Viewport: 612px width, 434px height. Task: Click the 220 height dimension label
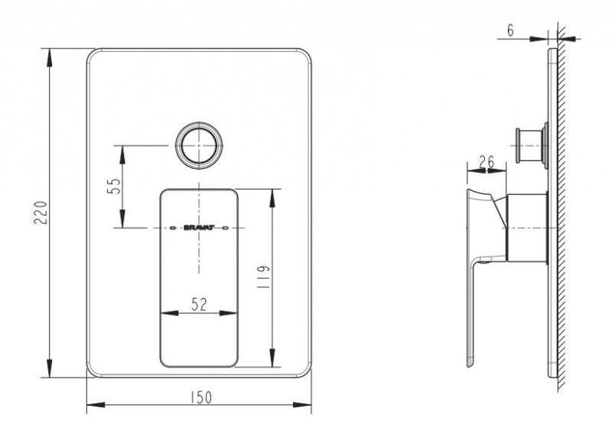(x=41, y=212)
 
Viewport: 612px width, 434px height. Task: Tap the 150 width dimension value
(x=201, y=397)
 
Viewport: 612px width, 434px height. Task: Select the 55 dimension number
(x=113, y=186)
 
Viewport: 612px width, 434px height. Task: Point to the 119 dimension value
(x=263, y=277)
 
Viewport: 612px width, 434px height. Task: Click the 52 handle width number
(x=199, y=305)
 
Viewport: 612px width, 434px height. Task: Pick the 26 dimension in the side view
(x=487, y=162)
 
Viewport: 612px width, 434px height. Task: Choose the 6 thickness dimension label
(x=510, y=31)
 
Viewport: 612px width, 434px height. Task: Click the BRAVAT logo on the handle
(x=199, y=228)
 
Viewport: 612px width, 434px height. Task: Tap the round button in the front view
(x=199, y=145)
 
